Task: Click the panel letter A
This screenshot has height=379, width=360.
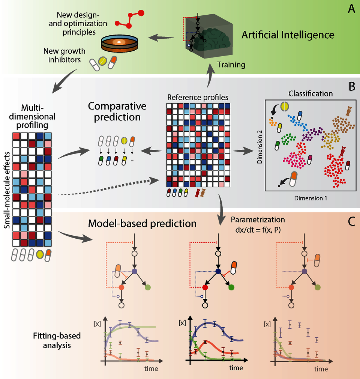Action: (x=351, y=9)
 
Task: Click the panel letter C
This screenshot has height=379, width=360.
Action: (x=351, y=222)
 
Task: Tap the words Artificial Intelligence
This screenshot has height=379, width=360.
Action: (x=288, y=35)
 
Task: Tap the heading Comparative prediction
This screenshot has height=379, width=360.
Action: (x=114, y=111)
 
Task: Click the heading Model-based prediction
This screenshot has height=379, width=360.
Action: (x=142, y=224)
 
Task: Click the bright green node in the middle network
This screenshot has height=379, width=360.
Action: (x=231, y=287)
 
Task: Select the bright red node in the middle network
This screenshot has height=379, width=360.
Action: (x=205, y=287)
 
